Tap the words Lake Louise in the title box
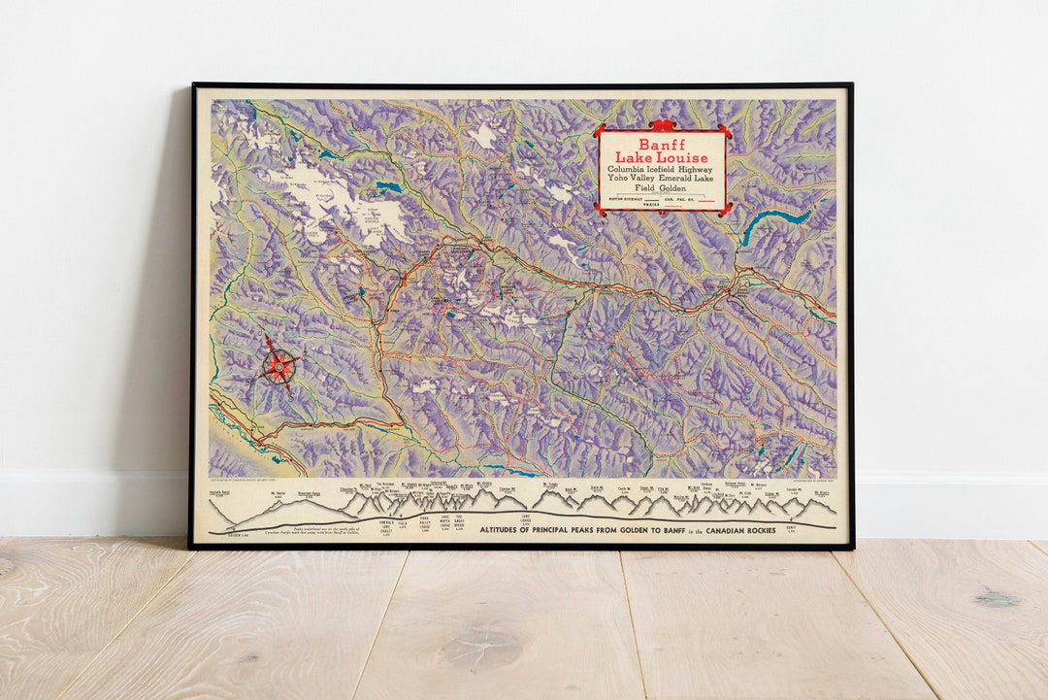pyautogui.click(x=662, y=157)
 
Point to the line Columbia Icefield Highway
pyautogui.click(x=662, y=170)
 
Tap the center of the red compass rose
pyautogui.click(x=279, y=366)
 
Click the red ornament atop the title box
pyautogui.click(x=662, y=124)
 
